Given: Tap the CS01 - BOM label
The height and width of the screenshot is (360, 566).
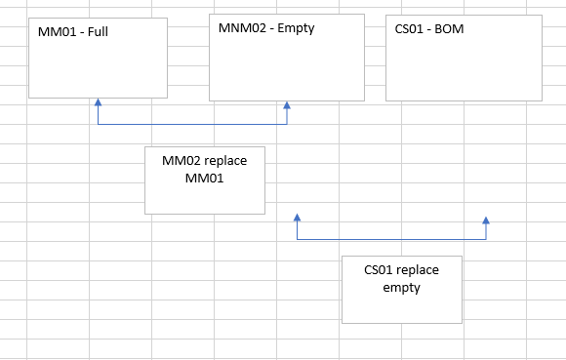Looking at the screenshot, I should pyautogui.click(x=428, y=29).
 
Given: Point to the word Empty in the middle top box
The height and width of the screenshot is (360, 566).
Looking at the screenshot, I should pyautogui.click(x=296, y=28).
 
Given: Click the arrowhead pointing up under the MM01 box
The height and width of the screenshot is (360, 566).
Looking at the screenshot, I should pyautogui.click(x=98, y=101).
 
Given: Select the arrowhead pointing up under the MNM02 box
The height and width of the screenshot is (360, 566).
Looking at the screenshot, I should pyautogui.click(x=286, y=104).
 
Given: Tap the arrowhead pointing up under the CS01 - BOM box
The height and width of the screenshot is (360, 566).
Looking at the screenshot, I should pyautogui.click(x=485, y=221).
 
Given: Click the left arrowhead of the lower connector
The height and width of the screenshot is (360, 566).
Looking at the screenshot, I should pyautogui.click(x=297, y=219).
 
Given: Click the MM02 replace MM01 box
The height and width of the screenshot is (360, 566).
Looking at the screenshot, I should pyautogui.click(x=204, y=180).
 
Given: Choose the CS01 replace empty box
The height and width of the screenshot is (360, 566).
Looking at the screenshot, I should pyautogui.click(x=401, y=289).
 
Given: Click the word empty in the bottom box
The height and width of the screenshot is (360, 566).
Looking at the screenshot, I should pyautogui.click(x=401, y=288).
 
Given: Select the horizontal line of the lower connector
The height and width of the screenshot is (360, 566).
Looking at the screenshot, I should pyautogui.click(x=390, y=239).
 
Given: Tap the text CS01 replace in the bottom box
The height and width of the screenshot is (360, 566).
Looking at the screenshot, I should pyautogui.click(x=401, y=270).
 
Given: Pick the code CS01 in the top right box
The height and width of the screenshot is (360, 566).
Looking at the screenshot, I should pyautogui.click(x=408, y=29).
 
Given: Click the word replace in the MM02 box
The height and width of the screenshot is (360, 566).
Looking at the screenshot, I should pyautogui.click(x=223, y=161).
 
